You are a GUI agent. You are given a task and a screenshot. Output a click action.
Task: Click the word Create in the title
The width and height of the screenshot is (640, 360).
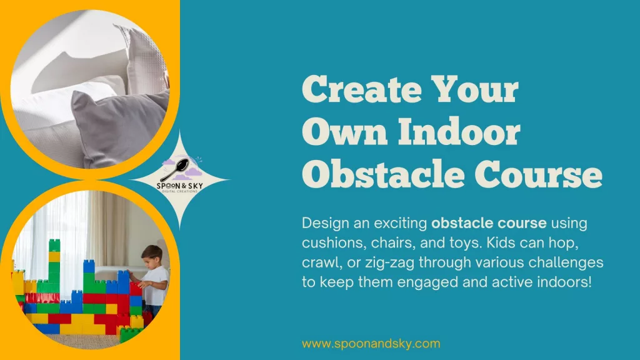[362, 89]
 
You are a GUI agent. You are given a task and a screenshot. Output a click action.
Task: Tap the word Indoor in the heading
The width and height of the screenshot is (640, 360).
[459, 131]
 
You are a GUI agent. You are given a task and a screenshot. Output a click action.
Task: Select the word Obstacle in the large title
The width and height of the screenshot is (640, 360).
[383, 174]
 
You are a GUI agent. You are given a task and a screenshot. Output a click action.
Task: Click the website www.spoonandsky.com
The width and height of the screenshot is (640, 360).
[371, 344]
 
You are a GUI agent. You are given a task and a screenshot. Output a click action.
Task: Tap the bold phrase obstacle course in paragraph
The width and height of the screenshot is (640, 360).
[489, 223]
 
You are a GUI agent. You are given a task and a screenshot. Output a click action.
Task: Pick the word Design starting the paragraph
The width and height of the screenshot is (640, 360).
[325, 223]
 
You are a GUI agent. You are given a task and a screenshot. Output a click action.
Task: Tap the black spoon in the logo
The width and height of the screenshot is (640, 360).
[176, 169]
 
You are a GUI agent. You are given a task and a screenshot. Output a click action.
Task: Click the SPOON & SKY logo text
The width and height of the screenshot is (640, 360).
[180, 186]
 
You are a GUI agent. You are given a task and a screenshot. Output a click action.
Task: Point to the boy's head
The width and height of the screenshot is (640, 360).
[152, 256]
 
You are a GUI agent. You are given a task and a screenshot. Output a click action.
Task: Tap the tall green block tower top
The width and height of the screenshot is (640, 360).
[54, 245]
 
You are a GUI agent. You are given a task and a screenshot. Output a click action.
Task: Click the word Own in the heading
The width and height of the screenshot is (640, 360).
[345, 131]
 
